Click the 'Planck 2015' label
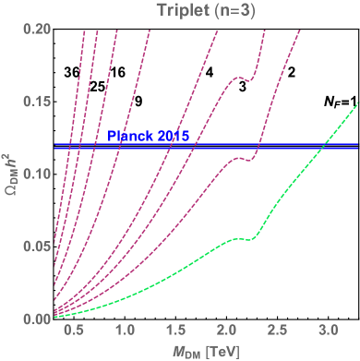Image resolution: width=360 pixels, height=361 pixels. point(148,137)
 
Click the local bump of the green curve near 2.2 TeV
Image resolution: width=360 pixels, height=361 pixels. point(242,238)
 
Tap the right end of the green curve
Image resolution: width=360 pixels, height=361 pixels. point(357,102)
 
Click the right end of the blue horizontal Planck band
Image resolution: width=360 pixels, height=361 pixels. point(357,146)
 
